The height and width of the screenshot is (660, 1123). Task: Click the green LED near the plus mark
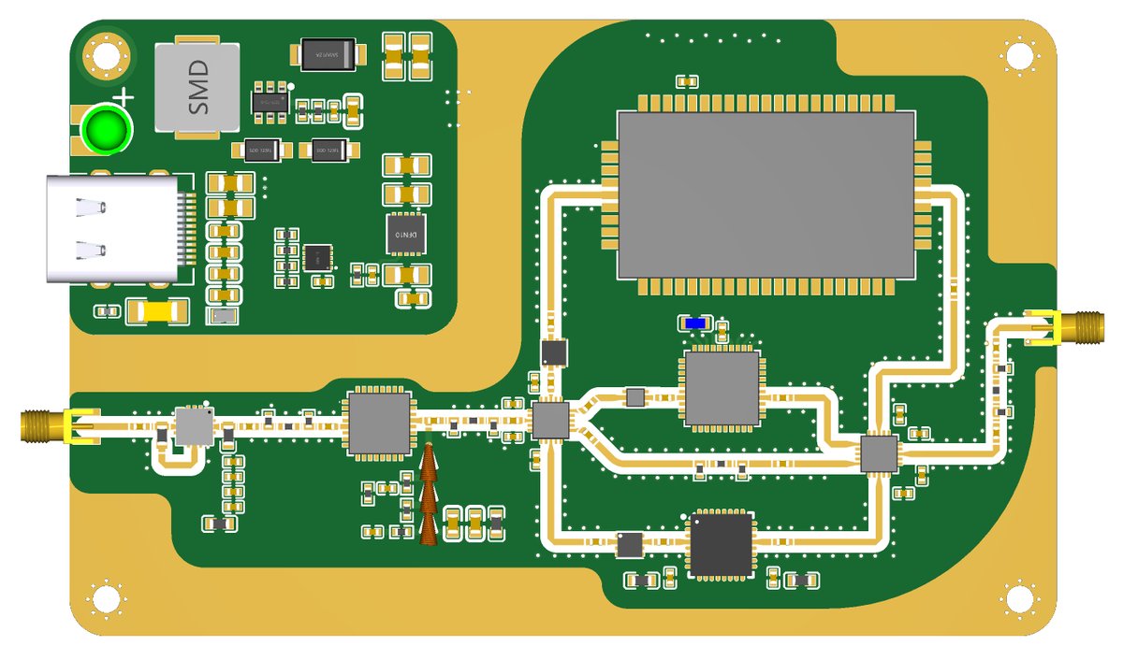[x=105, y=130]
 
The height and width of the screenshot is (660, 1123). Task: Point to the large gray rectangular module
[x=765, y=194]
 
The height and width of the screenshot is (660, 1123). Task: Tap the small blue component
[x=695, y=323]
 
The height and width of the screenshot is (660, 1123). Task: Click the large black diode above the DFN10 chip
[x=327, y=54]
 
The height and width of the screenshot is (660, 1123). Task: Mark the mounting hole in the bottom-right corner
[x=1018, y=598]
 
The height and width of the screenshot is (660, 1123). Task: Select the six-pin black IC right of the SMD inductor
[x=270, y=104]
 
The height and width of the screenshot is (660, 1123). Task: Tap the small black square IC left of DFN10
[x=317, y=258]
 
